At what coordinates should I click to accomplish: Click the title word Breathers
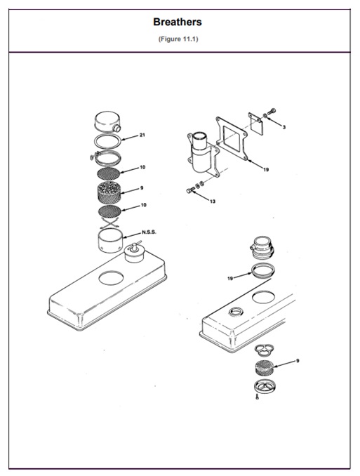click(x=178, y=22)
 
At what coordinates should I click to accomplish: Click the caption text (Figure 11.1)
click(x=178, y=39)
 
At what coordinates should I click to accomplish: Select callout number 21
click(x=142, y=135)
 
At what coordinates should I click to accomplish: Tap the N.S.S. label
click(x=149, y=232)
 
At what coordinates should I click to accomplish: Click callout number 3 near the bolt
click(x=284, y=127)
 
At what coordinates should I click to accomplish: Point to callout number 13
click(x=213, y=201)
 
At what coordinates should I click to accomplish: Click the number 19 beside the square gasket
click(x=266, y=169)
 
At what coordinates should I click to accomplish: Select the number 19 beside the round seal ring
click(x=230, y=278)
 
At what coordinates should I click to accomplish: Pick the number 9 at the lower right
click(x=298, y=361)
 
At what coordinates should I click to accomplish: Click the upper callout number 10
click(x=142, y=167)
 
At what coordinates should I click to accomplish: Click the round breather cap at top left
click(x=107, y=121)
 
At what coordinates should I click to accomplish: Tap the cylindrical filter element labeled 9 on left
click(x=109, y=192)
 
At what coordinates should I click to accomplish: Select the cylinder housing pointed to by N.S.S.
click(x=110, y=240)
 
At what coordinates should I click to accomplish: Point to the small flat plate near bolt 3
click(x=255, y=124)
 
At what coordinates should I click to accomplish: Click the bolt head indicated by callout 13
click(x=189, y=191)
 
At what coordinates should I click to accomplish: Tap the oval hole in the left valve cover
click(x=111, y=278)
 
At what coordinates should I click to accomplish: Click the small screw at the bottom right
click(x=257, y=397)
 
